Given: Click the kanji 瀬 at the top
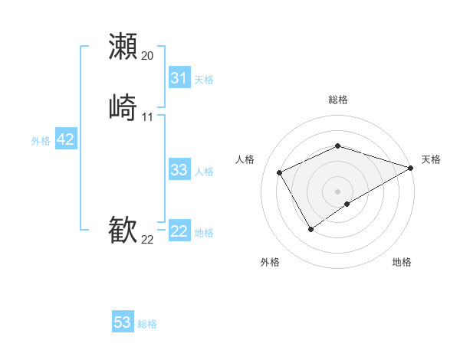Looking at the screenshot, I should [123, 46].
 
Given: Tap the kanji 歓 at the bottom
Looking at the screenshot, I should [123, 230].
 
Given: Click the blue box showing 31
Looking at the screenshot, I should [179, 78].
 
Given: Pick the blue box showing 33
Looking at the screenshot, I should [179, 170].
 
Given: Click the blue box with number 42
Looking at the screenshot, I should [65, 139].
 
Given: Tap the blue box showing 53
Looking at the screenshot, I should [123, 322].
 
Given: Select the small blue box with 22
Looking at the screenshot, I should [179, 231].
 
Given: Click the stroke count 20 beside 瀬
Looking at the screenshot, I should [148, 56].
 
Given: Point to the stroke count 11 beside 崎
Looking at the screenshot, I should [148, 117].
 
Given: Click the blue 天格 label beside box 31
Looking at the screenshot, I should [204, 80].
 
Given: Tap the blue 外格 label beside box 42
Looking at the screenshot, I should [41, 141].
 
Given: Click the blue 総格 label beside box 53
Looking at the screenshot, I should [147, 324].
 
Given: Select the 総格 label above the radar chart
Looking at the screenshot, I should [338, 100].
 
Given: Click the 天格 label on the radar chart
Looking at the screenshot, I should [431, 159].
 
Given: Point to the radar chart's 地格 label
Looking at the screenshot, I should [402, 262].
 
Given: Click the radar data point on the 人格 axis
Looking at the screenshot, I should [280, 172].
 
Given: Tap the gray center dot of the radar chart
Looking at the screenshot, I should [338, 191].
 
